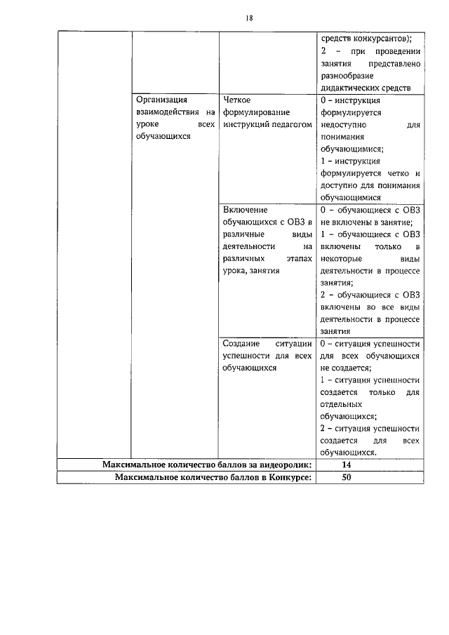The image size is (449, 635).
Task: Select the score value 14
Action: coord(346,464)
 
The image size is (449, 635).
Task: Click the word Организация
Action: coord(161,100)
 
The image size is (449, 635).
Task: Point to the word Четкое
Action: coord(236,100)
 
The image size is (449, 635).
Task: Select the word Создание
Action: coord(241,344)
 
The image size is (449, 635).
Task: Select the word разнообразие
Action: coord(347,76)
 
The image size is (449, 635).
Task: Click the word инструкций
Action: coord(246,124)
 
